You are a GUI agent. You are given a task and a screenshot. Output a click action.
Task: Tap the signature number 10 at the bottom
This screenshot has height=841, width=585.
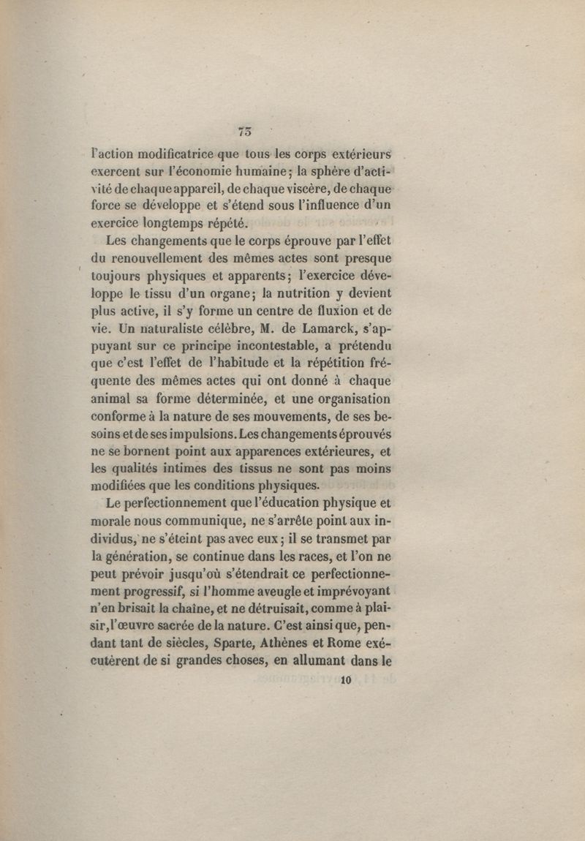click(347, 679)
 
